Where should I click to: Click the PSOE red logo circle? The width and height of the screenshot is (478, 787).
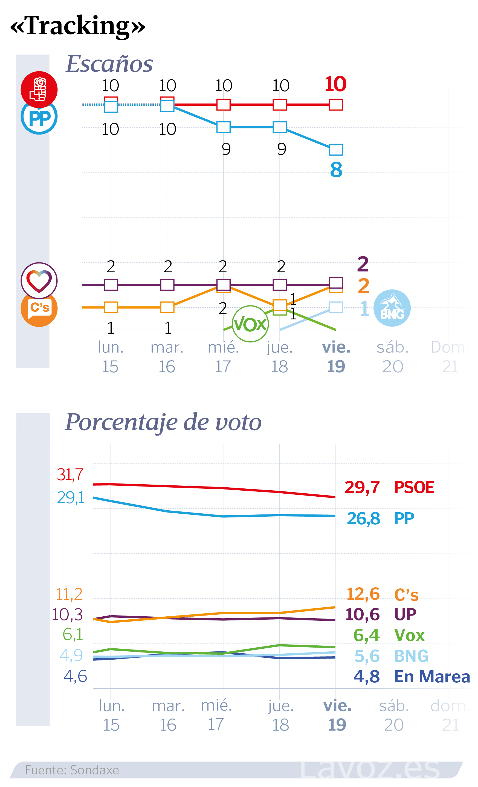tap(39, 89)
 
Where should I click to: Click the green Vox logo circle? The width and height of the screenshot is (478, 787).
tap(250, 324)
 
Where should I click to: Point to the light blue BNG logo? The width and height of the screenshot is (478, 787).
tap(392, 308)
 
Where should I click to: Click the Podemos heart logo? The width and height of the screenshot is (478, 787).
tap(39, 281)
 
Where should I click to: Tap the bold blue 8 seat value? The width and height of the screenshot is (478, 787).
tap(336, 170)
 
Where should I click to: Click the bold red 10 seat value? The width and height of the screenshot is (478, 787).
tap(335, 84)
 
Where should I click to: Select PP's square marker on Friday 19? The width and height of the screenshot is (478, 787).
tap(336, 150)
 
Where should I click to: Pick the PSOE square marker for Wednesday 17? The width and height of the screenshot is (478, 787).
tap(223, 104)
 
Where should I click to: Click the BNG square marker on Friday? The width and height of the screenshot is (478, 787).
tap(336, 307)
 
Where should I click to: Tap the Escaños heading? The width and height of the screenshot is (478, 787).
tap(109, 64)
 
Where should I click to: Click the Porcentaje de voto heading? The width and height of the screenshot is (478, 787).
tap(163, 422)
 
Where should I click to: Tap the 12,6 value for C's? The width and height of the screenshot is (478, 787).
tap(363, 594)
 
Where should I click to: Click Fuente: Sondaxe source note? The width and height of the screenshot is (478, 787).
tap(72, 770)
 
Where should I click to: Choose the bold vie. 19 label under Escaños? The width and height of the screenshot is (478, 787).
tap(336, 356)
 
